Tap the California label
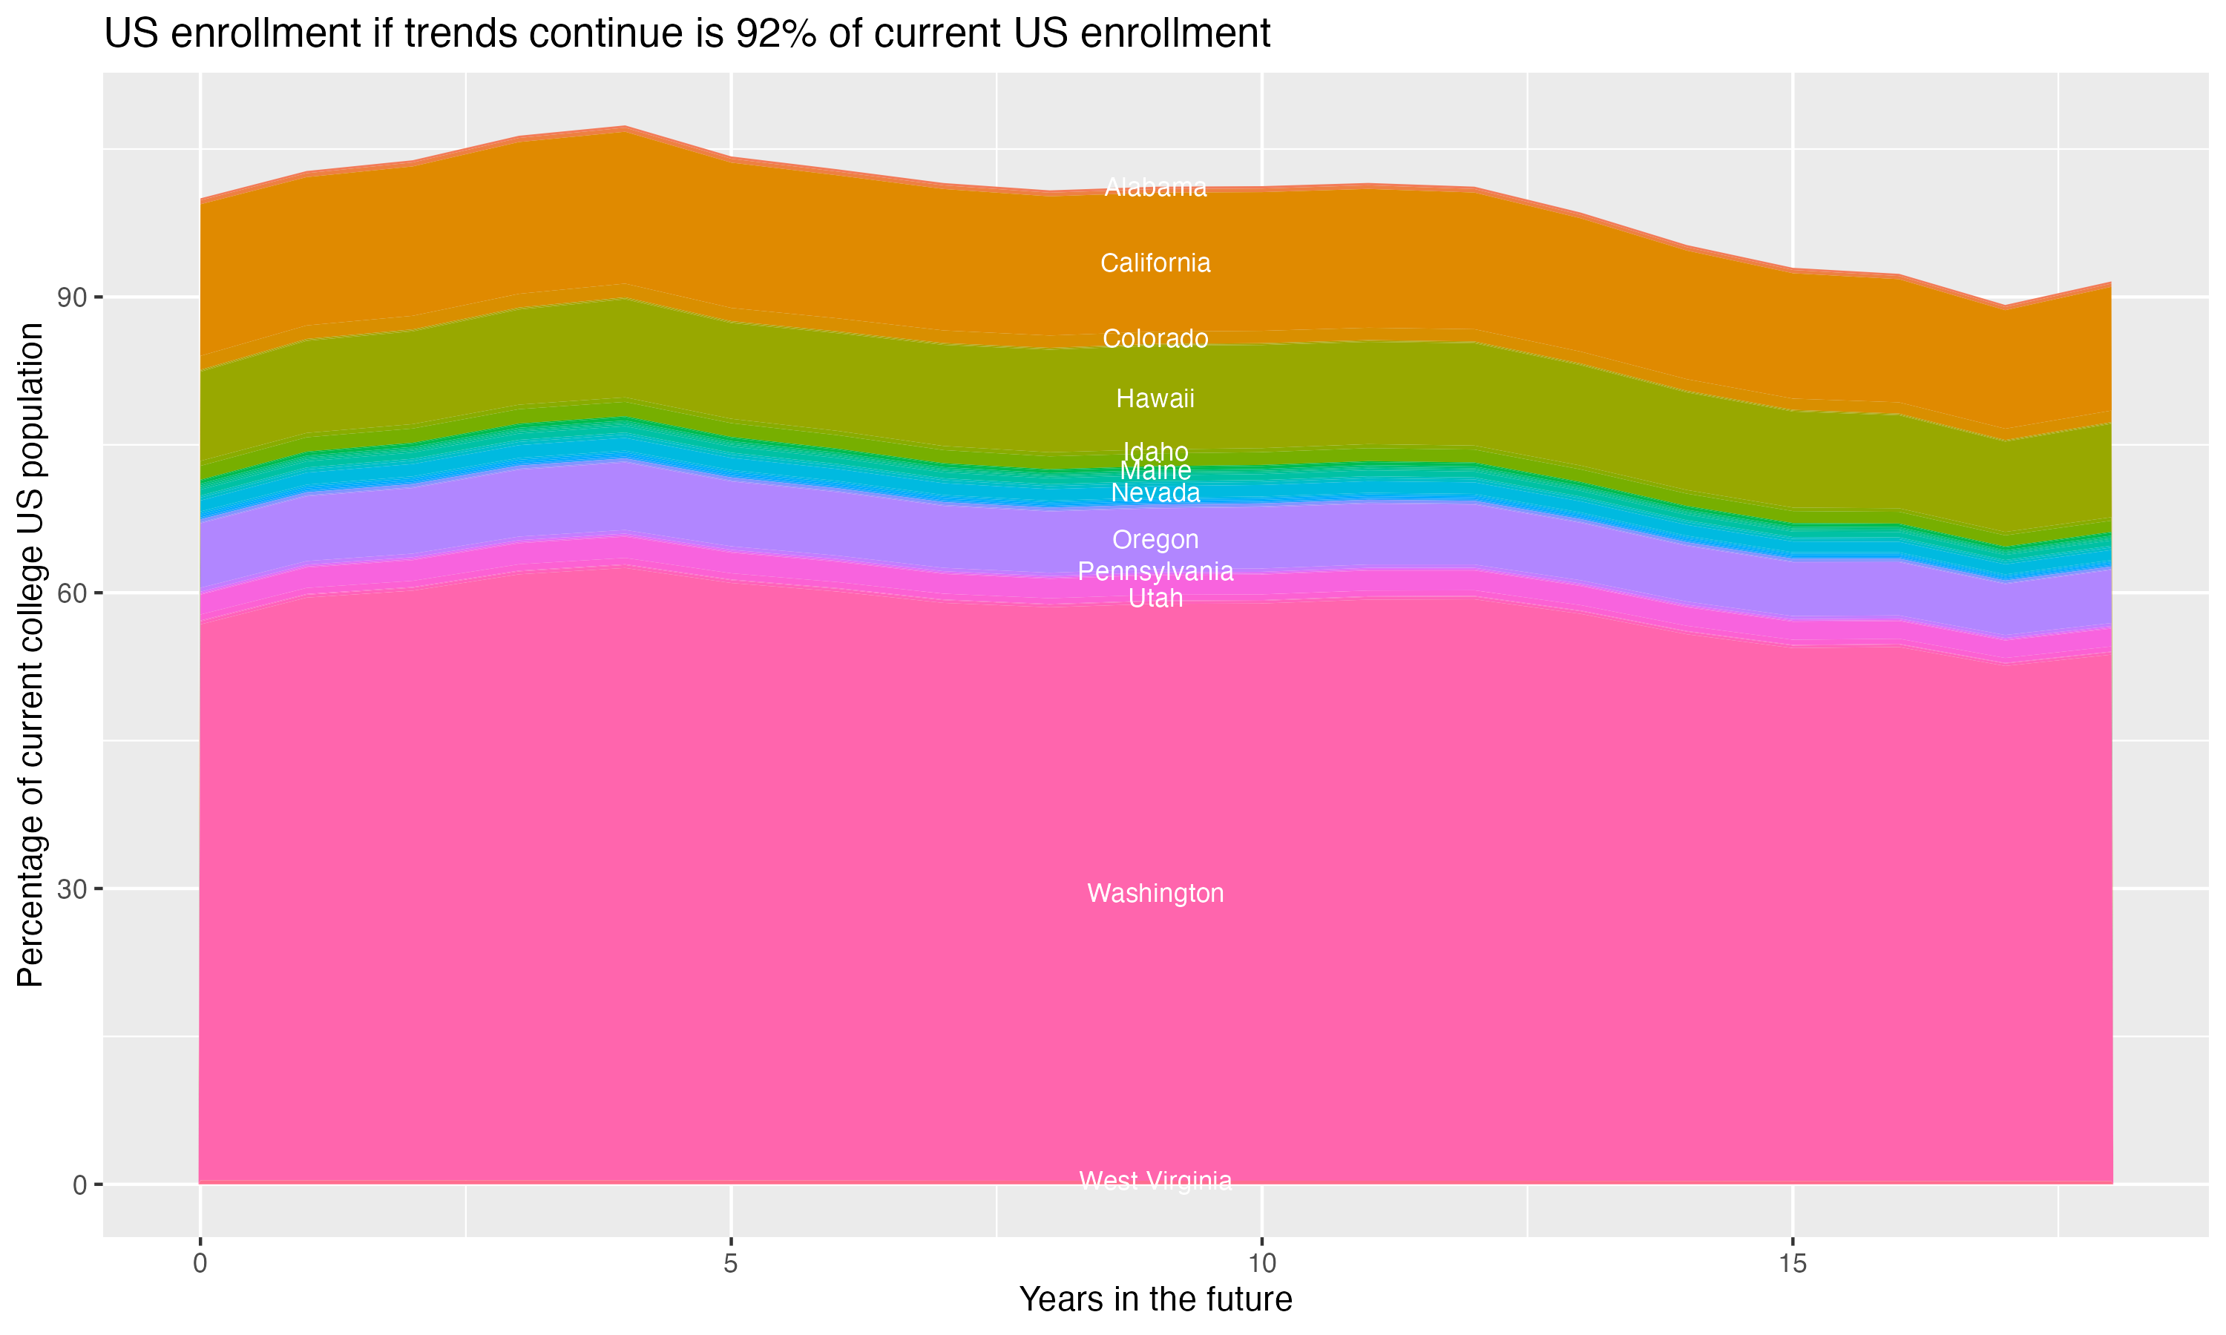click(x=1155, y=263)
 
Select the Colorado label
click(x=1155, y=338)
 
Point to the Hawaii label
click(x=1155, y=398)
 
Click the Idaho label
click(x=1155, y=451)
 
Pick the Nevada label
click(x=1155, y=493)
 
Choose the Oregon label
click(x=1155, y=540)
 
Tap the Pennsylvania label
click(x=1155, y=571)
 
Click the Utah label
click(x=1155, y=599)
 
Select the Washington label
click(x=1155, y=893)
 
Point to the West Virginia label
click(x=1155, y=1181)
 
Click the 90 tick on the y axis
click(x=73, y=297)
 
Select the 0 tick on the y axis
click(x=80, y=1184)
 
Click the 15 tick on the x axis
click(x=1793, y=1264)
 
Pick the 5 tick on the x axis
click(x=731, y=1264)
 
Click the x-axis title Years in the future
click(x=1155, y=1300)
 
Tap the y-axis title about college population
click(x=30, y=655)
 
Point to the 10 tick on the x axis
click(x=1261, y=1264)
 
